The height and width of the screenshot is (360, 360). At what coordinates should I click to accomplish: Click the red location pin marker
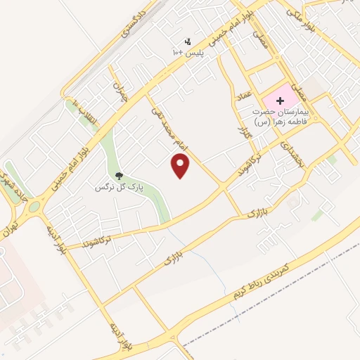coord(181,166)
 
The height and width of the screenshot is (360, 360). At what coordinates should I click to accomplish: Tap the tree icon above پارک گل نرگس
coord(118,176)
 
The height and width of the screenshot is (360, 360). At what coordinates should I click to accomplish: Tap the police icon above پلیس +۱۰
coord(187,41)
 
